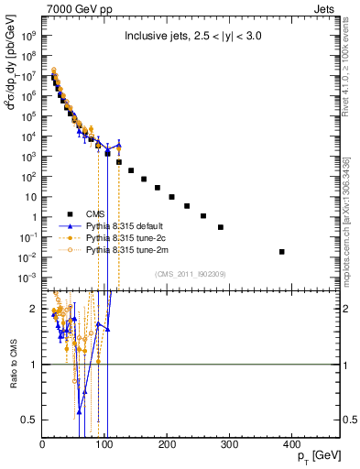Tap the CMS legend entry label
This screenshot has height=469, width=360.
tap(96, 213)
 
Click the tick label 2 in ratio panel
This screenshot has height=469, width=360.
tap(35, 310)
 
